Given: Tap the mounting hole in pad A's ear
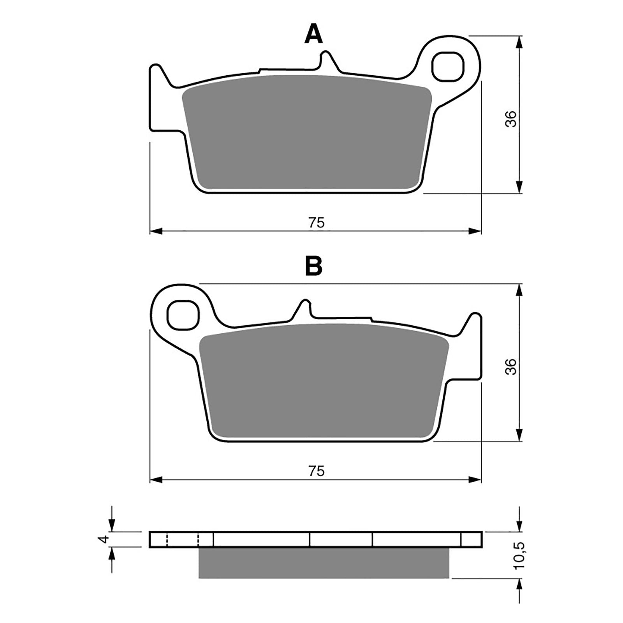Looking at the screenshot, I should pos(448,67).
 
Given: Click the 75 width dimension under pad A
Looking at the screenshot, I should pos(316,223).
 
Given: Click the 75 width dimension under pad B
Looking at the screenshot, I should pos(316,471).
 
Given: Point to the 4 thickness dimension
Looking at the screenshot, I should pos(103,539).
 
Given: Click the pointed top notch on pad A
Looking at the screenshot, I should pos(326,58).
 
